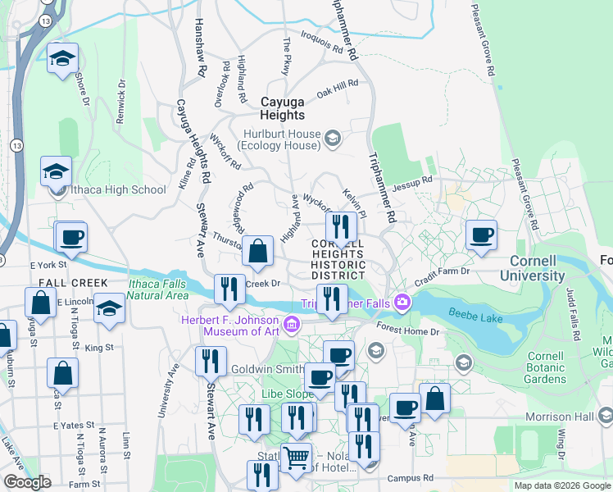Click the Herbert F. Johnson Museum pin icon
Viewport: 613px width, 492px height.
coord(290,326)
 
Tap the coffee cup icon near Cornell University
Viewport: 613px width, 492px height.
coord(481,235)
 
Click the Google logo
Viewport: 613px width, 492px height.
coord(26,482)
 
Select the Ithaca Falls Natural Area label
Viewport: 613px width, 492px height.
coord(158,289)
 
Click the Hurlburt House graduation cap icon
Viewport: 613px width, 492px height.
coord(333,137)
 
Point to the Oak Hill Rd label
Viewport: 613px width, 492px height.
coord(338,89)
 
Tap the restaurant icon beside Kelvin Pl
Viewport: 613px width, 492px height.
coord(341,226)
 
